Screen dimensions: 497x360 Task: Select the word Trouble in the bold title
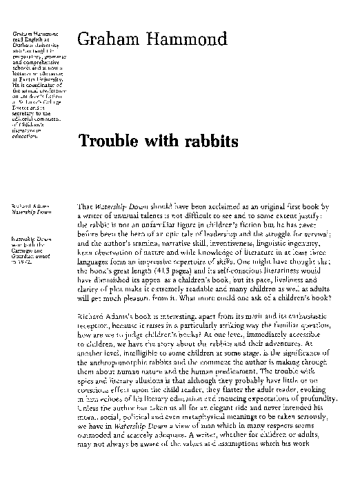click(110, 141)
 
